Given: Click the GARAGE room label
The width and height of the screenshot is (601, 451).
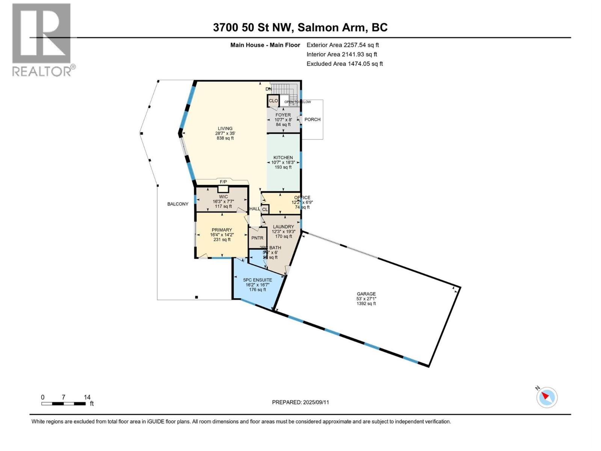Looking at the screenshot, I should (x=366, y=294).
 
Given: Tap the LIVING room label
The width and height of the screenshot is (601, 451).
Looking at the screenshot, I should (x=225, y=129).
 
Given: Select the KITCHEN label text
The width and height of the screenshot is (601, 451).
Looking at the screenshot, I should (x=283, y=157).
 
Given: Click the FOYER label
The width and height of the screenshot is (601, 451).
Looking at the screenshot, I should (x=283, y=115).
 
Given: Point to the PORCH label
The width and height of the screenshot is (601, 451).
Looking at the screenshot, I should (x=312, y=120).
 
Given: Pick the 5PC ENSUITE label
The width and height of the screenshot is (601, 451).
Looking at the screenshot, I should (x=257, y=280).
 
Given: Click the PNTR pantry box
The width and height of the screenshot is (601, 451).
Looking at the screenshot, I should (x=257, y=238).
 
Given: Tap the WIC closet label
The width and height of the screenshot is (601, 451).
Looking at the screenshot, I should (x=223, y=197).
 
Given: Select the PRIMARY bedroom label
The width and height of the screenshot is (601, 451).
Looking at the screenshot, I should (x=222, y=230).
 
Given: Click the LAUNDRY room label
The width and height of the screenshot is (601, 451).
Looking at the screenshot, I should (x=283, y=227).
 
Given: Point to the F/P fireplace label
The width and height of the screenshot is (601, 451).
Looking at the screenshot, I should (x=223, y=182).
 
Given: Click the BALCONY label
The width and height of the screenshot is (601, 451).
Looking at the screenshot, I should (x=178, y=204).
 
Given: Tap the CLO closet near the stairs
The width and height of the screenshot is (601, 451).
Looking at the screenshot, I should (x=273, y=101).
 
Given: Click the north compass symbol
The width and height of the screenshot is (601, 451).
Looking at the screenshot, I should (x=547, y=397).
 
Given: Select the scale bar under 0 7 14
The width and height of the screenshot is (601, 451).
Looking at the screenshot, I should (x=63, y=404).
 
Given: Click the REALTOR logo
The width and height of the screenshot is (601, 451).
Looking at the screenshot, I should (x=42, y=39).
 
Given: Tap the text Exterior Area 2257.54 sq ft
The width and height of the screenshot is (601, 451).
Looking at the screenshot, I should (x=343, y=45).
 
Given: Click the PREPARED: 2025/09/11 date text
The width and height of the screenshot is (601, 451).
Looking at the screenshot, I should (x=300, y=402).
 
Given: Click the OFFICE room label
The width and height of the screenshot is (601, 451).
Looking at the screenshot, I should (x=302, y=198).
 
